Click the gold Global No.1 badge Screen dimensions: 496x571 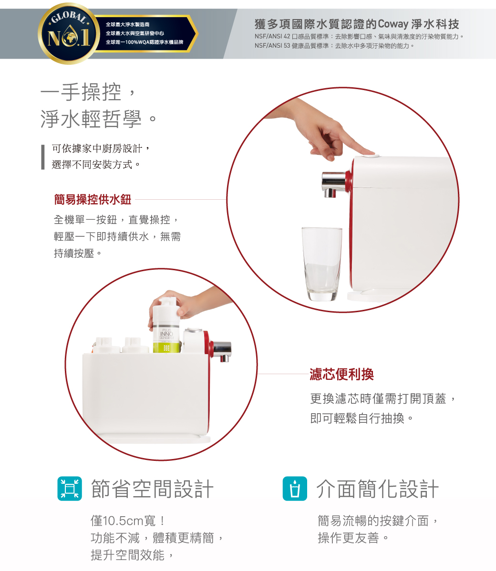69,33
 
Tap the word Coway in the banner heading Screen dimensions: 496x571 393,24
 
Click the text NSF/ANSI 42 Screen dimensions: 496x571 272,36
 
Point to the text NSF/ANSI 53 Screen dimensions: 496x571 272,46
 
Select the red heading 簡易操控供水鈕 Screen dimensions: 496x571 93,200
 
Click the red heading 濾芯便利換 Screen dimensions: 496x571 342,374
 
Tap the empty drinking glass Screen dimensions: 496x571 322,264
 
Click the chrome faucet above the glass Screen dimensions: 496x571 333,183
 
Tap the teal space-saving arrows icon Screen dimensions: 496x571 70,489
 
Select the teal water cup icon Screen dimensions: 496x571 295,489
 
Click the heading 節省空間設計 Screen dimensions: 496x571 152,489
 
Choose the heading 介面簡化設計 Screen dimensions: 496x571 377,489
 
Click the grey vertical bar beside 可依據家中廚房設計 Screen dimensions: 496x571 42,157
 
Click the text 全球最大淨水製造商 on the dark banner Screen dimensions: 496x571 127,24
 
